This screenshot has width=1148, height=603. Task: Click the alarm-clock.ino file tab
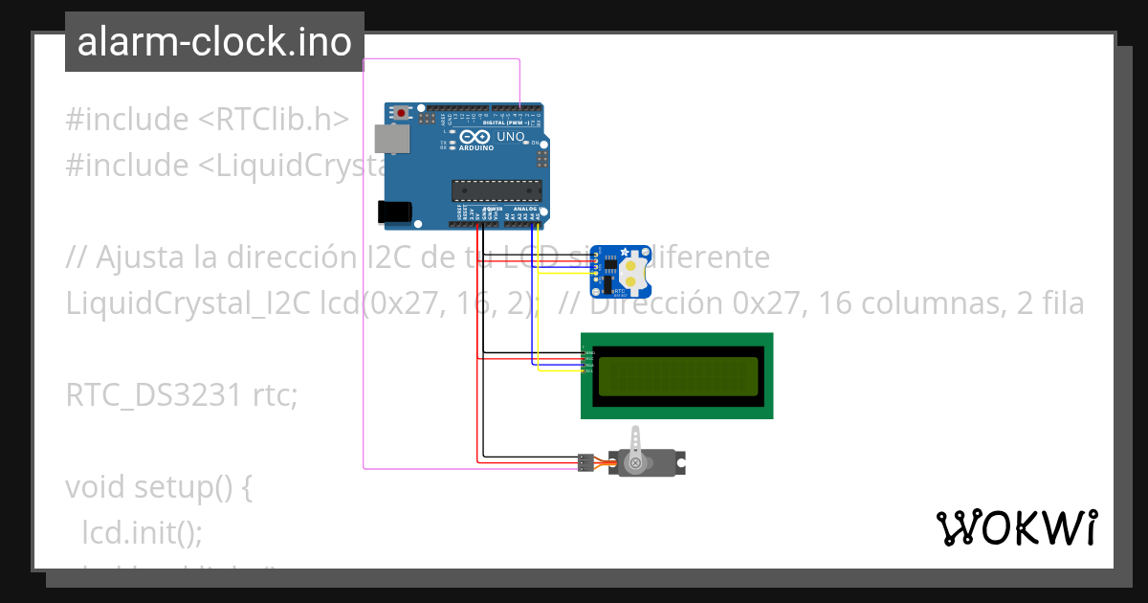point(214,42)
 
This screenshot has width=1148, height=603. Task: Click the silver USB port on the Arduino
point(387,139)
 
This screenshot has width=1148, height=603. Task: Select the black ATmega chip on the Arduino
point(496,190)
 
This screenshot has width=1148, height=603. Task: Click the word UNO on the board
point(510,137)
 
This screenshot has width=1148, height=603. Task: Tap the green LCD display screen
point(677,376)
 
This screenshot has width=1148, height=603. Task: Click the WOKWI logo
point(1016,527)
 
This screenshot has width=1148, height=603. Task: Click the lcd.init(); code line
point(143,532)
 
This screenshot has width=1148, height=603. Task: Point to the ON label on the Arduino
point(536,143)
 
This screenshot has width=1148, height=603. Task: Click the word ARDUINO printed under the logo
point(476,148)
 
